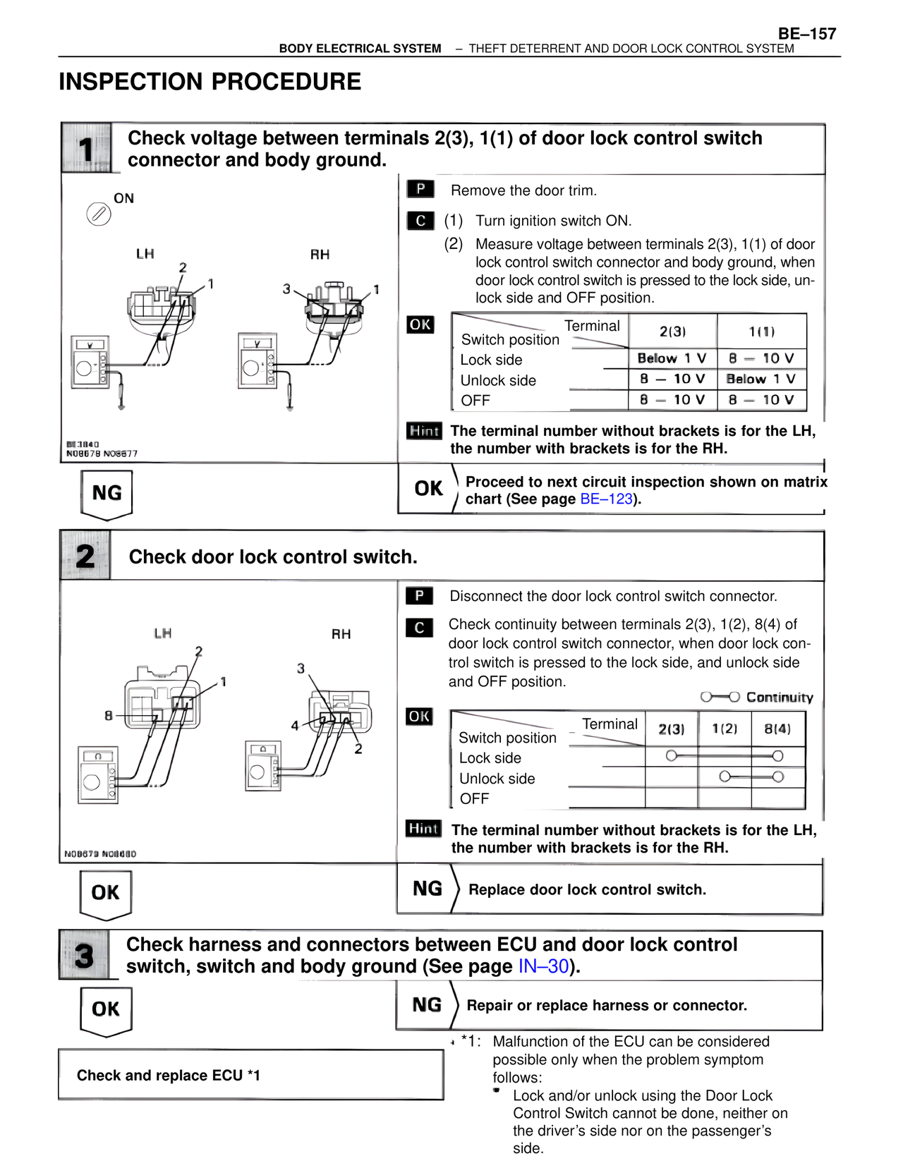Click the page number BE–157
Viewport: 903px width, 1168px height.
click(806, 33)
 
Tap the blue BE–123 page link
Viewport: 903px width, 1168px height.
click(605, 499)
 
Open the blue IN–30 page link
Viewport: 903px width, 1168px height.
click(543, 966)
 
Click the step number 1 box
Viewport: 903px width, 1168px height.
click(86, 149)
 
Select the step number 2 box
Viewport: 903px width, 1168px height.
click(85, 556)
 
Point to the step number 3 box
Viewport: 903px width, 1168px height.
click(85, 956)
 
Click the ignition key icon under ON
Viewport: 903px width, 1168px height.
click(99, 214)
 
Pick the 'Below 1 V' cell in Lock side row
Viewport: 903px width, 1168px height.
click(672, 358)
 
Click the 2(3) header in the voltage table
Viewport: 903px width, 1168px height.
click(672, 331)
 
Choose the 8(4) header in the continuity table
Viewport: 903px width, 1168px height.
click(777, 729)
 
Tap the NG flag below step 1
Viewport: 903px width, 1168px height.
click(107, 493)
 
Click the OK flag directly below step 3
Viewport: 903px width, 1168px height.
click(106, 1009)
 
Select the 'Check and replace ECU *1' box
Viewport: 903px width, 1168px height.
click(250, 1074)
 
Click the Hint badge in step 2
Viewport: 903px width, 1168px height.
click(423, 829)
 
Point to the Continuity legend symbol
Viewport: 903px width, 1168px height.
click(720, 697)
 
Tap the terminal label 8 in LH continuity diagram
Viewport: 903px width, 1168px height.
click(109, 715)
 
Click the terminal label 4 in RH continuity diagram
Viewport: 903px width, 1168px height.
click(295, 725)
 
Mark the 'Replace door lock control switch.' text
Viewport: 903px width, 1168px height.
click(587, 889)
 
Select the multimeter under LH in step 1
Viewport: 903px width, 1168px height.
click(90, 361)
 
